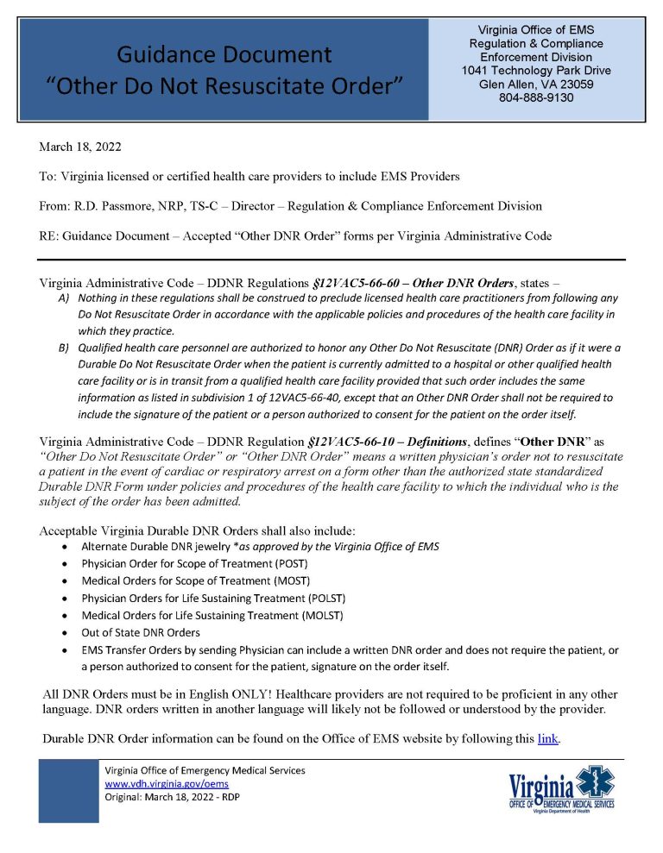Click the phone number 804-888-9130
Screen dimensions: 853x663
pyautogui.click(x=536, y=97)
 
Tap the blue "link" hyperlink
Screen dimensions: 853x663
pyautogui.click(x=547, y=738)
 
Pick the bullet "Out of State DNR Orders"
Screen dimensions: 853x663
pyautogui.click(x=141, y=632)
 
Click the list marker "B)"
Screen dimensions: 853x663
pyautogui.click(x=64, y=348)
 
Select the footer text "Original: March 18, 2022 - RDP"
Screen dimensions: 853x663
pyautogui.click(x=172, y=797)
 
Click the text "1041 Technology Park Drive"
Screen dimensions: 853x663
pyautogui.click(x=536, y=70)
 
